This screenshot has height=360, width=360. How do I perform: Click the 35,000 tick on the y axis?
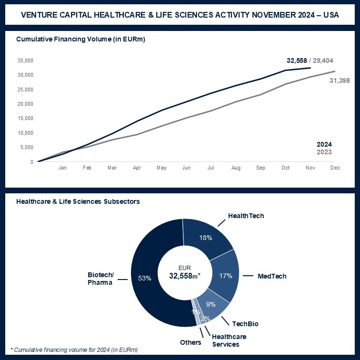coord(25,60)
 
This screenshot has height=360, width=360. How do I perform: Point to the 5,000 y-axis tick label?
coord(27,147)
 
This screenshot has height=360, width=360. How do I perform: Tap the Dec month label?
coord(335,168)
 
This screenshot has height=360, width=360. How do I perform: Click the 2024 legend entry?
coord(324,144)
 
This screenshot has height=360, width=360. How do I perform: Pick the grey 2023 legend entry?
coord(324,152)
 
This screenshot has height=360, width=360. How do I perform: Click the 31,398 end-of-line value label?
coord(340,80)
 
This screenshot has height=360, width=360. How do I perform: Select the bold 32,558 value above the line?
coord(296,60)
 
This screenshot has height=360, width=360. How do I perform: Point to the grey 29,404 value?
coord(323,60)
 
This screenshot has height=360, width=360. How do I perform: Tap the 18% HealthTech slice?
coord(205,237)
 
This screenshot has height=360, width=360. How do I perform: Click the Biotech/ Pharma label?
coord(100,279)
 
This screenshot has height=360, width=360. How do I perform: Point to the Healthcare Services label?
coord(225,340)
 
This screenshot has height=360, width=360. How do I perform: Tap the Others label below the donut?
coord(190,342)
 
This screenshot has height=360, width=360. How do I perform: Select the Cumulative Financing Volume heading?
coord(80,39)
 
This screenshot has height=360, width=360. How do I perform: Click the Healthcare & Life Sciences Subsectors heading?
coord(78,201)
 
